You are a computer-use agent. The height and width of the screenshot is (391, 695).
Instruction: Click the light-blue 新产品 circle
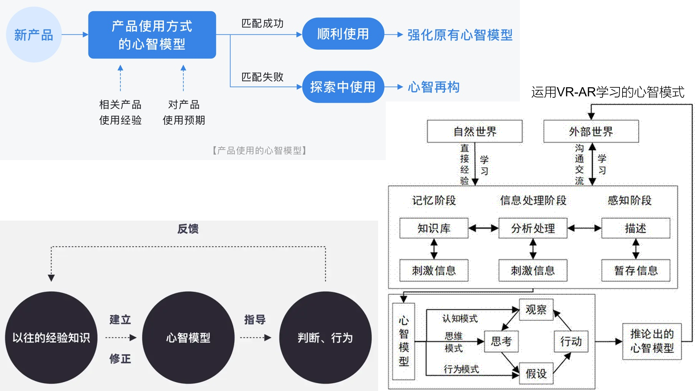tap(34, 35)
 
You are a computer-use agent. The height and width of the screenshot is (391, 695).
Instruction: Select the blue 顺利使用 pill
tap(343, 34)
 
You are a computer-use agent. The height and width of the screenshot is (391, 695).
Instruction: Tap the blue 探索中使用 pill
tap(343, 87)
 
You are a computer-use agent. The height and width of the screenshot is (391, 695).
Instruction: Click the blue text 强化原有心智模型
tap(460, 35)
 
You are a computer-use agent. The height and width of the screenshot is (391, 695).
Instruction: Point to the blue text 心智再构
tap(434, 87)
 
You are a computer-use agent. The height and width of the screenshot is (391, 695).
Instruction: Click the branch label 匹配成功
tap(262, 23)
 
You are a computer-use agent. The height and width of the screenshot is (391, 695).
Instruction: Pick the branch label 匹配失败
tap(262, 77)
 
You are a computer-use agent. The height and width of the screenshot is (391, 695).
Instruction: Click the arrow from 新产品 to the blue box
tap(75, 34)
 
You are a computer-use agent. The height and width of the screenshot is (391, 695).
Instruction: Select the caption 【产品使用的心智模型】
tap(259, 151)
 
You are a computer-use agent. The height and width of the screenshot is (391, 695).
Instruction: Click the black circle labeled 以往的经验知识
tap(51, 337)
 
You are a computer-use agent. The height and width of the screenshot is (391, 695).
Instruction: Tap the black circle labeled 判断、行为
tap(325, 337)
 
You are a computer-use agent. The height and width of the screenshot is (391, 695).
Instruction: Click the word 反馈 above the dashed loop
tap(188, 229)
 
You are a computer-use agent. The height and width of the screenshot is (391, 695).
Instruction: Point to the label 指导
tap(255, 319)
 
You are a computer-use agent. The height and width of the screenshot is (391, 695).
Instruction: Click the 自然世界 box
tap(475, 131)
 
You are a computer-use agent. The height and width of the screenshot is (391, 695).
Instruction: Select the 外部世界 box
tap(591, 131)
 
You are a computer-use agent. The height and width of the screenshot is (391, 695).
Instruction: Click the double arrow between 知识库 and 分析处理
tap(483, 228)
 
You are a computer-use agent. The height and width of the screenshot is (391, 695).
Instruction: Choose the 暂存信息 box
tap(636, 271)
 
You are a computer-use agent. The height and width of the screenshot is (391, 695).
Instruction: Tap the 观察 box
tap(536, 309)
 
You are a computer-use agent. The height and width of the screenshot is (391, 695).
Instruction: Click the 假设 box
tap(536, 373)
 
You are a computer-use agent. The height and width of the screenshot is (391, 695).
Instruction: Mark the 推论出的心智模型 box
tap(652, 341)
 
